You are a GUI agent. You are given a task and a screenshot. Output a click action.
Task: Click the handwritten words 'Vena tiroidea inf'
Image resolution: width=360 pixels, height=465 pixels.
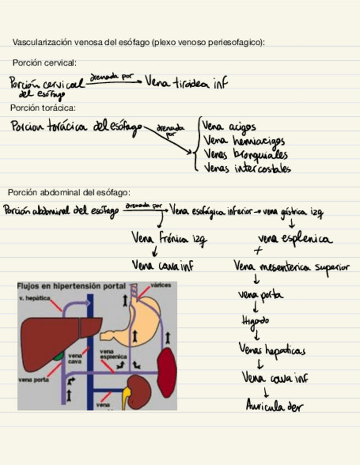coord(186,83)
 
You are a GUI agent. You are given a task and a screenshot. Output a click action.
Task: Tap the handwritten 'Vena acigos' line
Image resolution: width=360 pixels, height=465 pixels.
coord(229,128)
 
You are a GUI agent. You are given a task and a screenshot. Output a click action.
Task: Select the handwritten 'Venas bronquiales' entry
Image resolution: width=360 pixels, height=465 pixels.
coord(245,155)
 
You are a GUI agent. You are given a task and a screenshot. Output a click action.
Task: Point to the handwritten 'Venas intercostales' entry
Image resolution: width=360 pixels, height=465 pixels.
coord(247,168)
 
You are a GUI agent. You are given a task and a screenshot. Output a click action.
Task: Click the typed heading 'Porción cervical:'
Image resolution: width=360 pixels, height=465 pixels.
coord(44,63)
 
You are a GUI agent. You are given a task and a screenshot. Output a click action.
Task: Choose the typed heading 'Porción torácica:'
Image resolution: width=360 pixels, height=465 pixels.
coord(43,108)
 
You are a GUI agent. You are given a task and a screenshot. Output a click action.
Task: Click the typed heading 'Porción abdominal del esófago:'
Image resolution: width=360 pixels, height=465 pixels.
coord(69,192)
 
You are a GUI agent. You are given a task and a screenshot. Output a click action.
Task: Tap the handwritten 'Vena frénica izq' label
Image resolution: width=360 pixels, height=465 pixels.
coord(169,238)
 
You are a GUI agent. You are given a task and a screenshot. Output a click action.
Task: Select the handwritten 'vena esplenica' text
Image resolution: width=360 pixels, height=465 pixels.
coord(295,239)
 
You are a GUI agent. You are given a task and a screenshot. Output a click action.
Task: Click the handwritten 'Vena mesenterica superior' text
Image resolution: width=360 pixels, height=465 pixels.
coord(291,267)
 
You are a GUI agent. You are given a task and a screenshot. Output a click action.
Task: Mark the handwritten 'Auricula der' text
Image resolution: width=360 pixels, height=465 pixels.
coord(274,406)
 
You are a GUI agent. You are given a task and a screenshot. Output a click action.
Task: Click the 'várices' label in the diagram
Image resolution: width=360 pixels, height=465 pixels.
coord(161,285)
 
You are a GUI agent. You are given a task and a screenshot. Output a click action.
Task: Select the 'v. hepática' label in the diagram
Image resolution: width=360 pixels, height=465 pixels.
coord(34,297)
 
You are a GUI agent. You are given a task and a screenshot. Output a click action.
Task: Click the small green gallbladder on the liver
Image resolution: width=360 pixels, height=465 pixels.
coord(58,357)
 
